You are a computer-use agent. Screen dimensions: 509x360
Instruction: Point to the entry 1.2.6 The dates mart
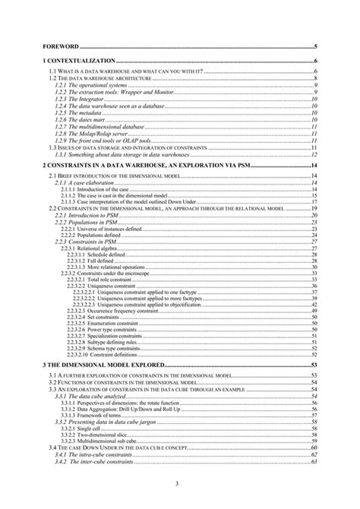tap(79, 119)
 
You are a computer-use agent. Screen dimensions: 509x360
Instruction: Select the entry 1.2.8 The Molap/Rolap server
tap(90, 132)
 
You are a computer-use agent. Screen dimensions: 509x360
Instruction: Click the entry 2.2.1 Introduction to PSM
tap(87, 216)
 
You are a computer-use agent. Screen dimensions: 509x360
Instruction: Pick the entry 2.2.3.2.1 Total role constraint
tap(98, 280)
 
